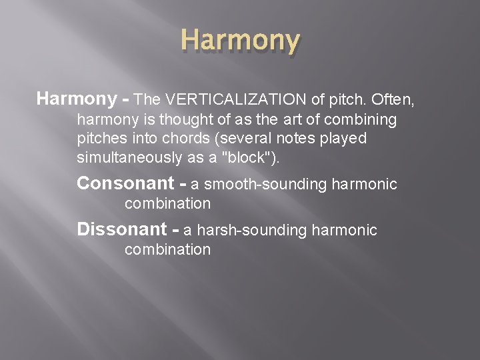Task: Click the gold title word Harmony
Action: pyautogui.click(x=240, y=41)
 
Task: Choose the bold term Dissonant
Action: pyautogui.click(x=121, y=230)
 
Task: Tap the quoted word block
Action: pyautogui.click(x=248, y=157)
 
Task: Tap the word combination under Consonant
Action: pyautogui.click(x=167, y=203)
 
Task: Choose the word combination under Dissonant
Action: pyautogui.click(x=167, y=250)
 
